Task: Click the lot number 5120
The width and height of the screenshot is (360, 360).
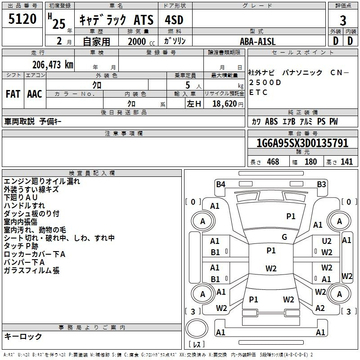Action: click(22, 19)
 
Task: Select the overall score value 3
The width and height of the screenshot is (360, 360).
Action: click(343, 21)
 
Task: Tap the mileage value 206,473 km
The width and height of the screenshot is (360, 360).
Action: click(52, 64)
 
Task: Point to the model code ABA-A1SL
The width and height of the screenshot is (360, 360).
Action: click(257, 41)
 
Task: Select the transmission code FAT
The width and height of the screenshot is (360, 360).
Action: click(13, 94)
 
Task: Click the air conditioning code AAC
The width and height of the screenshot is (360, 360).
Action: click(35, 94)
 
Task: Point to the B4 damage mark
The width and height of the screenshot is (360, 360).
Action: click(220, 184)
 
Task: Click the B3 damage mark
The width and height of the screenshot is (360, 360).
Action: click(321, 184)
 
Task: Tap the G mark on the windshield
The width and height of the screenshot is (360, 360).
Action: click(284, 237)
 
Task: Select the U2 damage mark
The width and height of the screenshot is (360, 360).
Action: click(327, 241)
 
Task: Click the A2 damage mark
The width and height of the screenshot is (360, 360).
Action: click(320, 308)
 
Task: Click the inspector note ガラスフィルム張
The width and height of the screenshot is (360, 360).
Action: click(31, 270)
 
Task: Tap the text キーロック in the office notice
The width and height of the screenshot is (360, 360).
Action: click(23, 336)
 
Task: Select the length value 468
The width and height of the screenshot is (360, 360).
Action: click(273, 162)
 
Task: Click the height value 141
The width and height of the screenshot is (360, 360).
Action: click(346, 162)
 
